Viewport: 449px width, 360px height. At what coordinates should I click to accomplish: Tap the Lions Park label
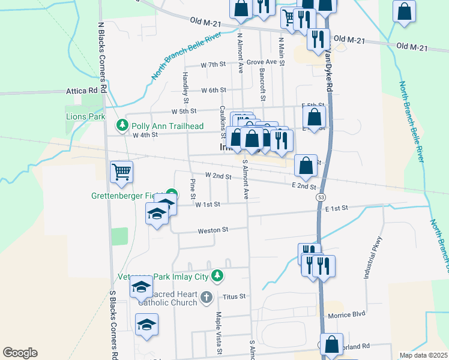(x=85, y=116)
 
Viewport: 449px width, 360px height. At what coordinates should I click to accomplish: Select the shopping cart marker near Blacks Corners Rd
(x=121, y=172)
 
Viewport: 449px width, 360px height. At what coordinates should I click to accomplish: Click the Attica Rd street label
(x=82, y=91)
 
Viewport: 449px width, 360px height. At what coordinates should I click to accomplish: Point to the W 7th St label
(x=212, y=64)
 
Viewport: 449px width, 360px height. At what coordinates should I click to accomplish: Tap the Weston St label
(x=213, y=229)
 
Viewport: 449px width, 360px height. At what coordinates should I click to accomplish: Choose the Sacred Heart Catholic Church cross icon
(x=206, y=297)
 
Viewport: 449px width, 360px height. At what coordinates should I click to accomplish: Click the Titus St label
(x=234, y=296)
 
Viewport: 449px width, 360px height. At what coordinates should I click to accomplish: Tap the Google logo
(x=20, y=353)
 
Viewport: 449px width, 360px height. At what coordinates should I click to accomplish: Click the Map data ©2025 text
(x=423, y=355)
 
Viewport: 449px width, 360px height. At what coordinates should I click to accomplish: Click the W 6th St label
(x=212, y=90)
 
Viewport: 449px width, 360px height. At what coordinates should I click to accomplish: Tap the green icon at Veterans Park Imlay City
(x=217, y=275)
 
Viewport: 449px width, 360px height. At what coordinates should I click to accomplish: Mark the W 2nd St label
(x=218, y=175)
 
